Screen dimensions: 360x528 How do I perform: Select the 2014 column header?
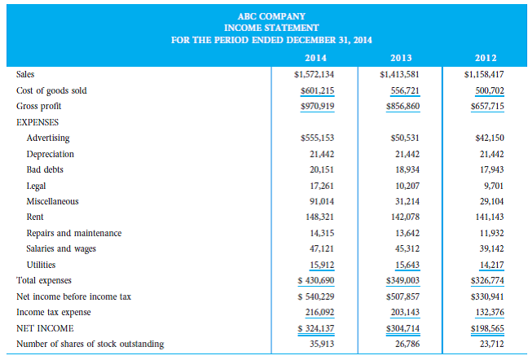click(x=315, y=58)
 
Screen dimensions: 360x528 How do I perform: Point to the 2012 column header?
click(x=486, y=58)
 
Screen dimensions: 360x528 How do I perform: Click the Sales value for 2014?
click(x=314, y=75)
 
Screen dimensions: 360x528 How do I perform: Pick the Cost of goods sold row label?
click(x=51, y=90)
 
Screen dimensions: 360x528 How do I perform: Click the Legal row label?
click(x=37, y=185)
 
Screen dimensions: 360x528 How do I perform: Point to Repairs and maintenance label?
click(x=74, y=233)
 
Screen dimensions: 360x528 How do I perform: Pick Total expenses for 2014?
click(x=315, y=280)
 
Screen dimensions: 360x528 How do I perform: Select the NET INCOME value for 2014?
click(x=315, y=328)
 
